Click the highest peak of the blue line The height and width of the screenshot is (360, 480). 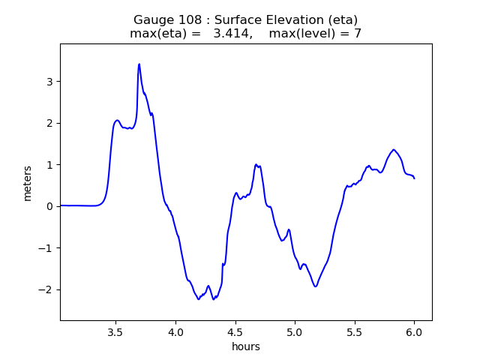coord(139,64)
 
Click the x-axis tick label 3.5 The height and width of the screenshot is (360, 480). coord(115,332)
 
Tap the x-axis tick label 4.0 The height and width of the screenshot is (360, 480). coord(175,332)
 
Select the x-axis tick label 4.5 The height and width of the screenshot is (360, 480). coord(235,332)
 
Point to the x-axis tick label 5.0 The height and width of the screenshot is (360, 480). coord(295,332)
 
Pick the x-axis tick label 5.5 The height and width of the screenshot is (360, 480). coord(354,332)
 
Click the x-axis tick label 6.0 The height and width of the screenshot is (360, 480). coord(414,332)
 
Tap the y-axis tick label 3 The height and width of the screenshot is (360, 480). coord(49,82)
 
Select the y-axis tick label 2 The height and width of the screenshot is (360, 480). coord(49,123)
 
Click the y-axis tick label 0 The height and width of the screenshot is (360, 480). coord(49,206)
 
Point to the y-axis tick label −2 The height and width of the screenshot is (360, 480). coord(46,289)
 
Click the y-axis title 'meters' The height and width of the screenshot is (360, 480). coord(28,182)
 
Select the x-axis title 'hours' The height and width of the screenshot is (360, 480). coord(246,346)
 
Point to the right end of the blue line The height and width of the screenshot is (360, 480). coord(414,178)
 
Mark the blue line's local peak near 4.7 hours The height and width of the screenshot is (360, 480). coord(256,164)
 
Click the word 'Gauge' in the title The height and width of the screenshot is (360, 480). coord(153,19)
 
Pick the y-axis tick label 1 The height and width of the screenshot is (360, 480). coord(49,165)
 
